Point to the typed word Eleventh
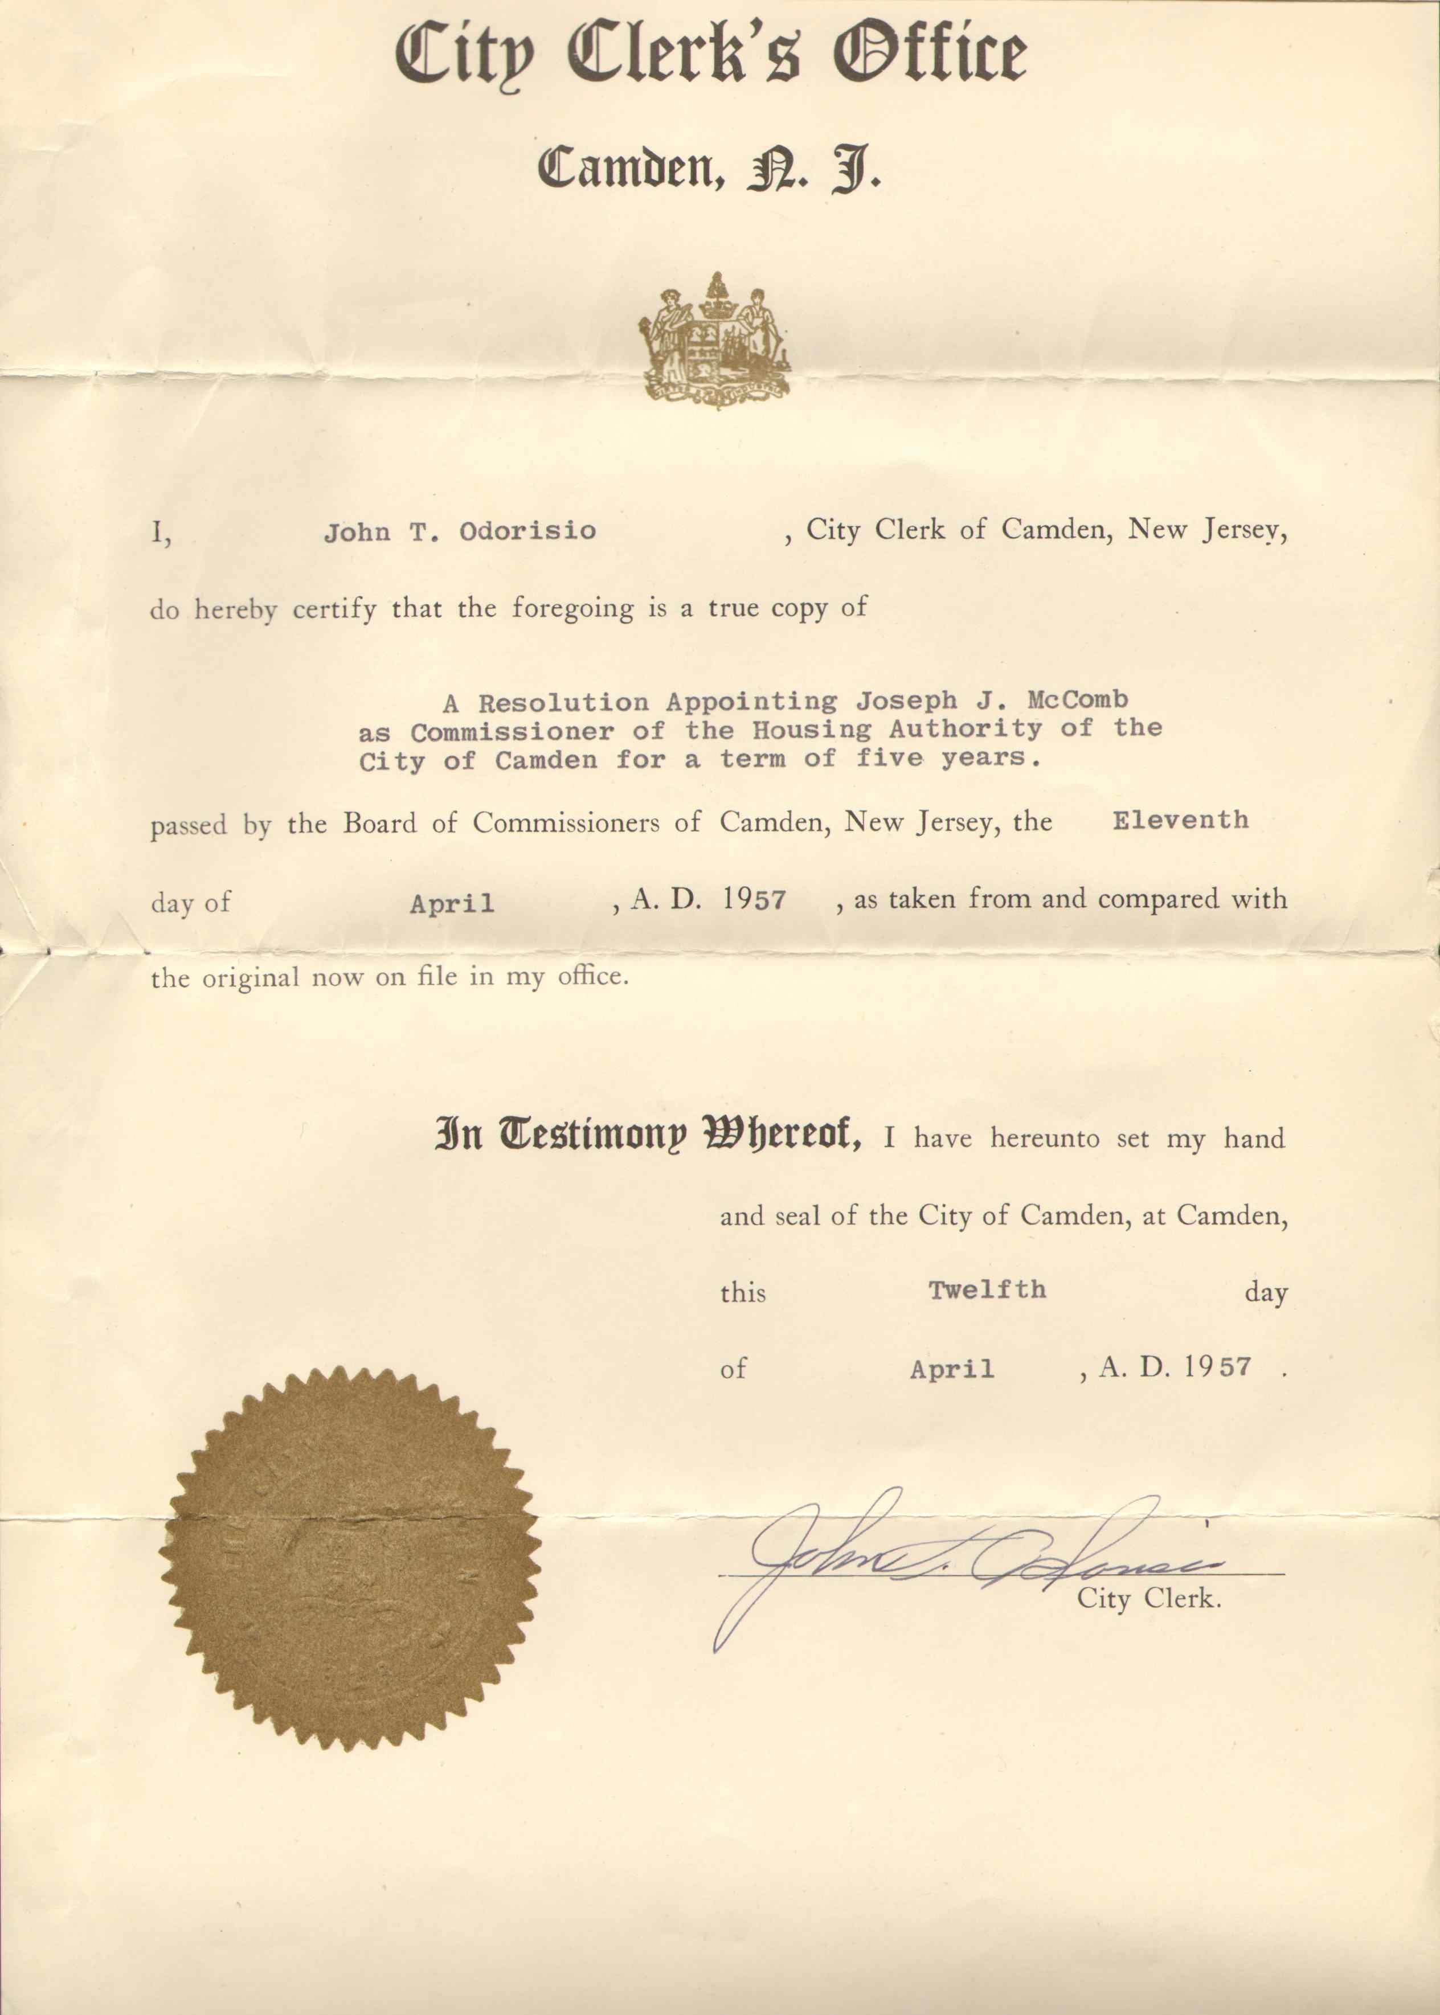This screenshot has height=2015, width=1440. tap(1180, 820)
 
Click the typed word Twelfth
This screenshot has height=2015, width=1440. tap(987, 1290)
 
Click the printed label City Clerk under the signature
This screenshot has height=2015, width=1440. tap(1148, 1598)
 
